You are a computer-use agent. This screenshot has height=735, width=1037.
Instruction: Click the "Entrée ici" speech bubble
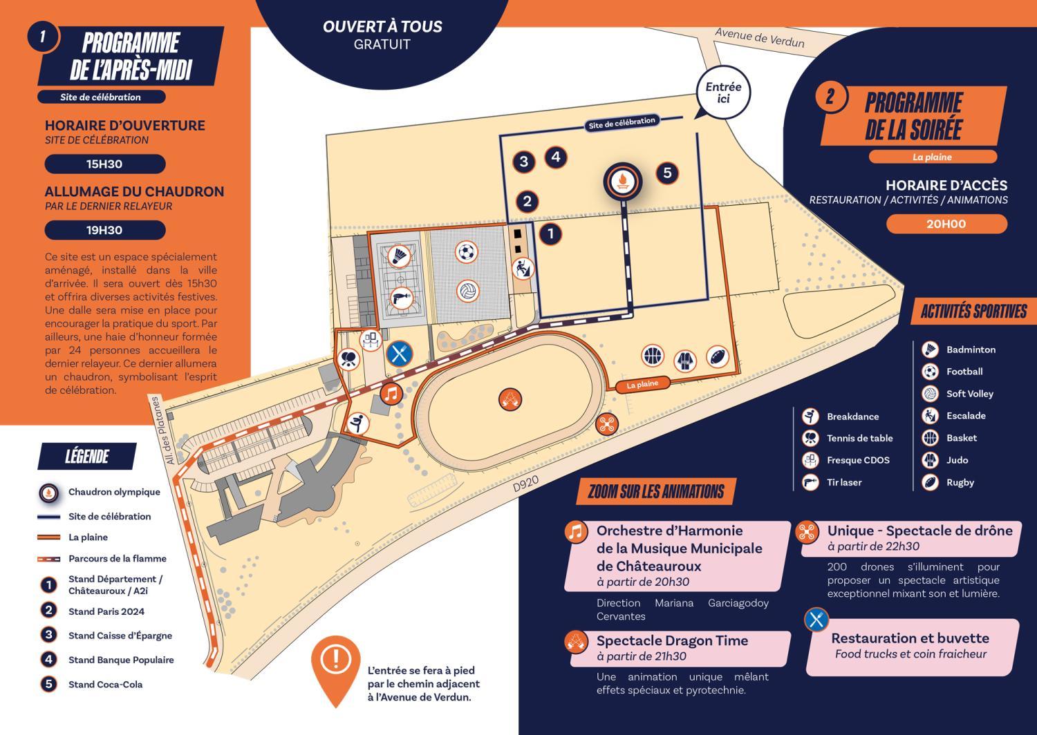click(x=723, y=93)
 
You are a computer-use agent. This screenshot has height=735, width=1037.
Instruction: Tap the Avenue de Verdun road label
click(x=759, y=37)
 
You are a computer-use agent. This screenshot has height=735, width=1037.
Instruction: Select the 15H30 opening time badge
click(x=104, y=164)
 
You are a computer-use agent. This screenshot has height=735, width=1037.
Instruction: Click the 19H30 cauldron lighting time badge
click(x=104, y=230)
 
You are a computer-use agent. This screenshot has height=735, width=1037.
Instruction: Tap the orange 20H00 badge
click(x=946, y=224)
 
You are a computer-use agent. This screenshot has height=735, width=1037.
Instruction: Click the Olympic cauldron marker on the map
click(x=623, y=182)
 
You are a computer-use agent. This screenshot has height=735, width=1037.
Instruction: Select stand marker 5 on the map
click(x=667, y=173)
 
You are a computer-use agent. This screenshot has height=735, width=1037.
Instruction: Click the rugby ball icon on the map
click(x=718, y=356)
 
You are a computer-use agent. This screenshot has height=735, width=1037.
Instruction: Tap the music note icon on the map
click(x=391, y=394)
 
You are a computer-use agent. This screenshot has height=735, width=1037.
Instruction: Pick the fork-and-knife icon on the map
click(x=399, y=354)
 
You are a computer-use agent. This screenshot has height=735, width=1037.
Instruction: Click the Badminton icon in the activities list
click(x=930, y=350)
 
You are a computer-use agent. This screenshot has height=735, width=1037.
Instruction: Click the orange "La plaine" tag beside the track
click(x=642, y=384)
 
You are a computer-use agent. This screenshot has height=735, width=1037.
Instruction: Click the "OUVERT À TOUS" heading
click(x=382, y=27)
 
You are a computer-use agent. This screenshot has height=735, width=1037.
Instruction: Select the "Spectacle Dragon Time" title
click(x=672, y=640)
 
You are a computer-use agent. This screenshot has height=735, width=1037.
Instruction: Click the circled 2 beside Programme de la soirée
click(x=830, y=97)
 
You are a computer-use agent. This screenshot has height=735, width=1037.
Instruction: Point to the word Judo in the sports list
click(x=957, y=460)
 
